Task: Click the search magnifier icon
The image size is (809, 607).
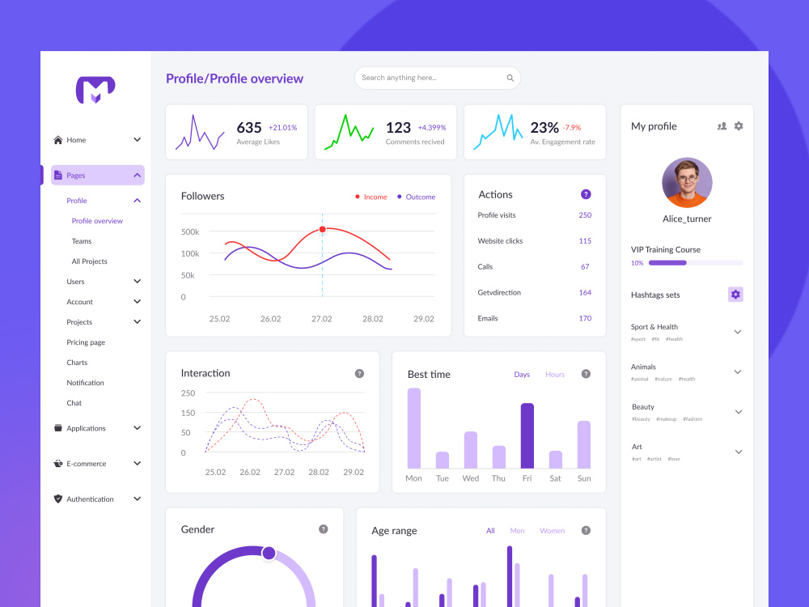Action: tap(510, 78)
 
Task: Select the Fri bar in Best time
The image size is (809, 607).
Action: tap(527, 435)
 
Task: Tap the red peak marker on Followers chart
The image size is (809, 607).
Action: tap(323, 229)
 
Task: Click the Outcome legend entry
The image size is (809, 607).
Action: tap(416, 197)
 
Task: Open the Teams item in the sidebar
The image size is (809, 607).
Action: tap(82, 241)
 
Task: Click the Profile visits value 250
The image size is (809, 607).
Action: tap(585, 215)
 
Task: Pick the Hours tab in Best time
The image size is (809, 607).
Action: tap(555, 374)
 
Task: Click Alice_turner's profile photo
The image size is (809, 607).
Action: tap(687, 183)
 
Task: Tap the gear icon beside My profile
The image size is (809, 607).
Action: tap(739, 126)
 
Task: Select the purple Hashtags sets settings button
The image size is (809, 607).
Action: tap(735, 295)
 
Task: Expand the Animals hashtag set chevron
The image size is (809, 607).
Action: tap(738, 371)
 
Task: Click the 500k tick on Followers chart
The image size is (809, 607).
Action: tap(190, 231)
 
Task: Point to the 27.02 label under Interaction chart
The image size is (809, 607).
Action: tap(284, 472)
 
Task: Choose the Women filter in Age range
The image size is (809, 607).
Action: tap(552, 531)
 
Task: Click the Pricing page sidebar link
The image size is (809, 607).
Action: tap(86, 342)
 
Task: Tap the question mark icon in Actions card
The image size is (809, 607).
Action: tap(586, 194)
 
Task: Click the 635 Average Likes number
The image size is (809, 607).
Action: tap(249, 128)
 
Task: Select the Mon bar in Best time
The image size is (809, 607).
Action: tap(413, 428)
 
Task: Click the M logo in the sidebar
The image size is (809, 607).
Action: tap(95, 90)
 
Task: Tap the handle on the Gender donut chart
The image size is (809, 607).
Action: tap(269, 554)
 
